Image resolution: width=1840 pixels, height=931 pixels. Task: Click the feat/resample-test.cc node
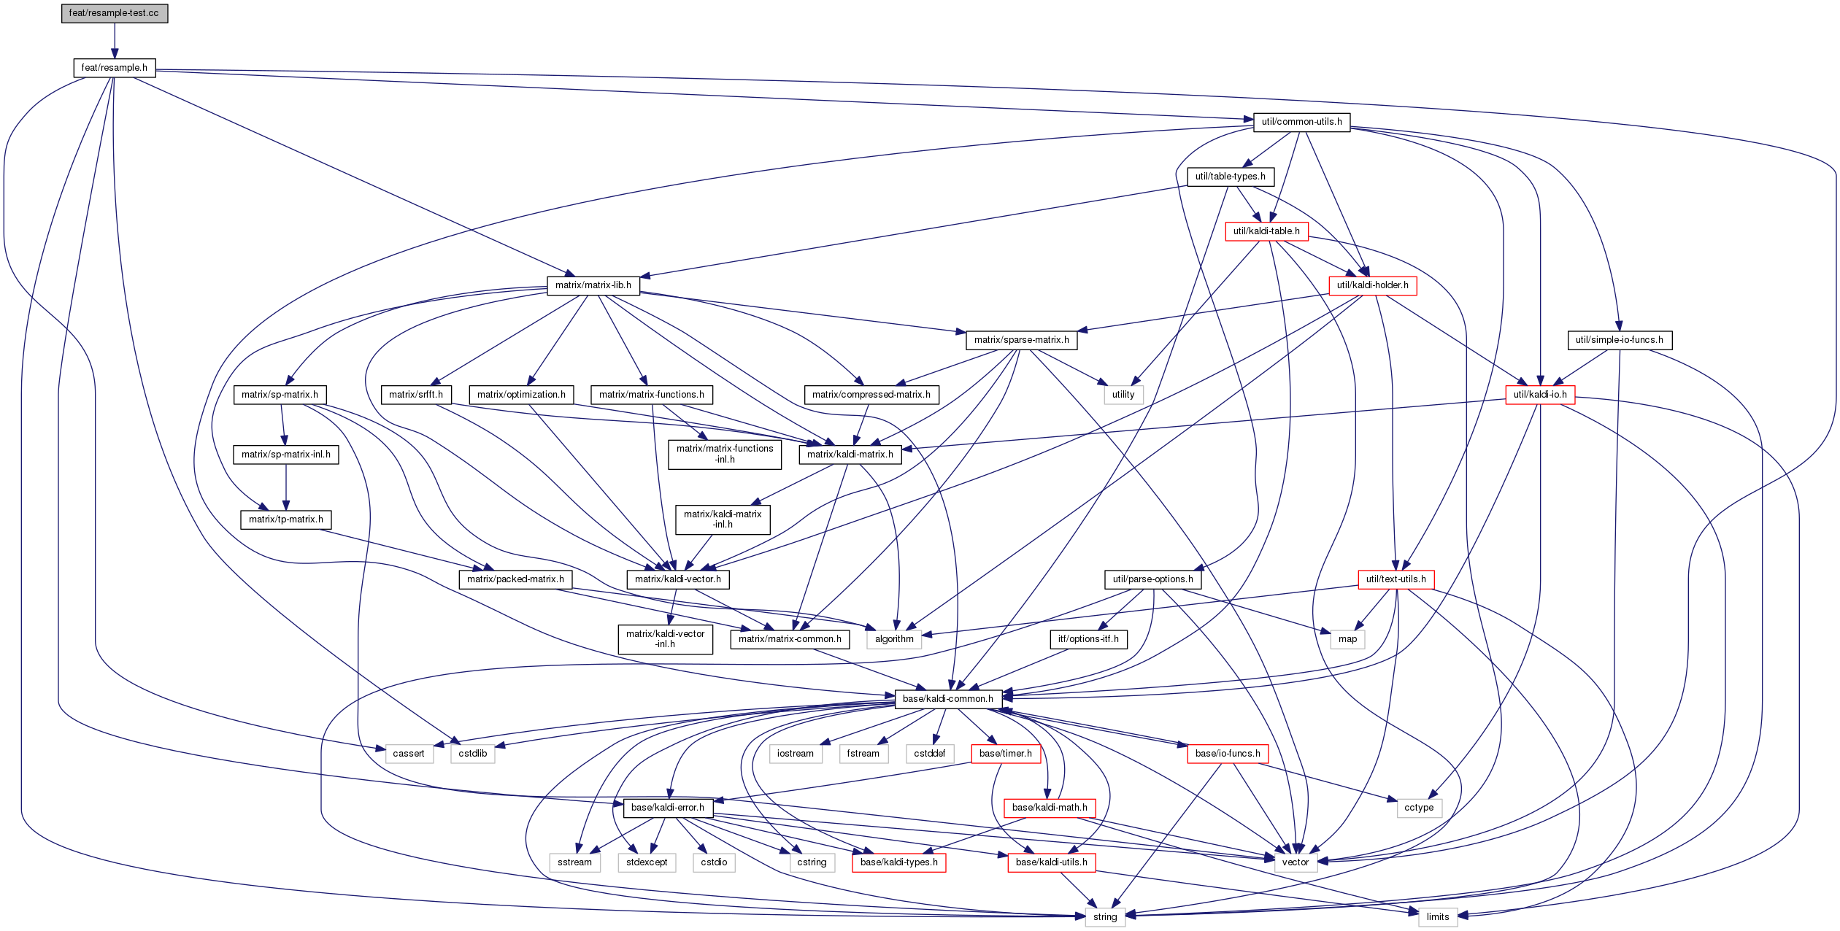[114, 13]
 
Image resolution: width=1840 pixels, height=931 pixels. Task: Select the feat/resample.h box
[114, 68]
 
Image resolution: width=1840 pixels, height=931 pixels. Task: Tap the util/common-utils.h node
[1301, 122]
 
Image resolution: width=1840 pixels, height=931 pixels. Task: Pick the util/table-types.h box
[1230, 177]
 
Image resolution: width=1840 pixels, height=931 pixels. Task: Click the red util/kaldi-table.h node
[1266, 231]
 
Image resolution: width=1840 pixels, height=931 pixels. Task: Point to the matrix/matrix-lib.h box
[593, 285]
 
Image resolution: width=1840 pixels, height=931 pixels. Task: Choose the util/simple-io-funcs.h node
[1619, 340]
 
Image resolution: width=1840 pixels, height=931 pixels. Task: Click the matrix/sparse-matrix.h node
[1021, 340]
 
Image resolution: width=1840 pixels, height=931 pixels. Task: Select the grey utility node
[1123, 395]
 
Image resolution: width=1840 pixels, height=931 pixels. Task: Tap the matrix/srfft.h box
[415, 395]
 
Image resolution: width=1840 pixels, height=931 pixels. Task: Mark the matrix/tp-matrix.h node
[285, 519]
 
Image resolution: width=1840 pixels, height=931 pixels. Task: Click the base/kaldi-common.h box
[947, 699]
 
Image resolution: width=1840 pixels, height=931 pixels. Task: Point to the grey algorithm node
[893, 639]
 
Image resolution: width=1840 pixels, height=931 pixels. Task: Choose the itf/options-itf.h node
[1088, 639]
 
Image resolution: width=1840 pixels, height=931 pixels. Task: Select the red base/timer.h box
[1005, 754]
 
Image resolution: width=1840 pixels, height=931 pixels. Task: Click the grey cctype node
[1418, 808]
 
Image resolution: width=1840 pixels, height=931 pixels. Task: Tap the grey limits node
[1437, 917]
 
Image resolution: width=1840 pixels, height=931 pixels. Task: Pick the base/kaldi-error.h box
[667, 808]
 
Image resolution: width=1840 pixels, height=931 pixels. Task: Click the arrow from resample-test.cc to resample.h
[114, 40]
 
